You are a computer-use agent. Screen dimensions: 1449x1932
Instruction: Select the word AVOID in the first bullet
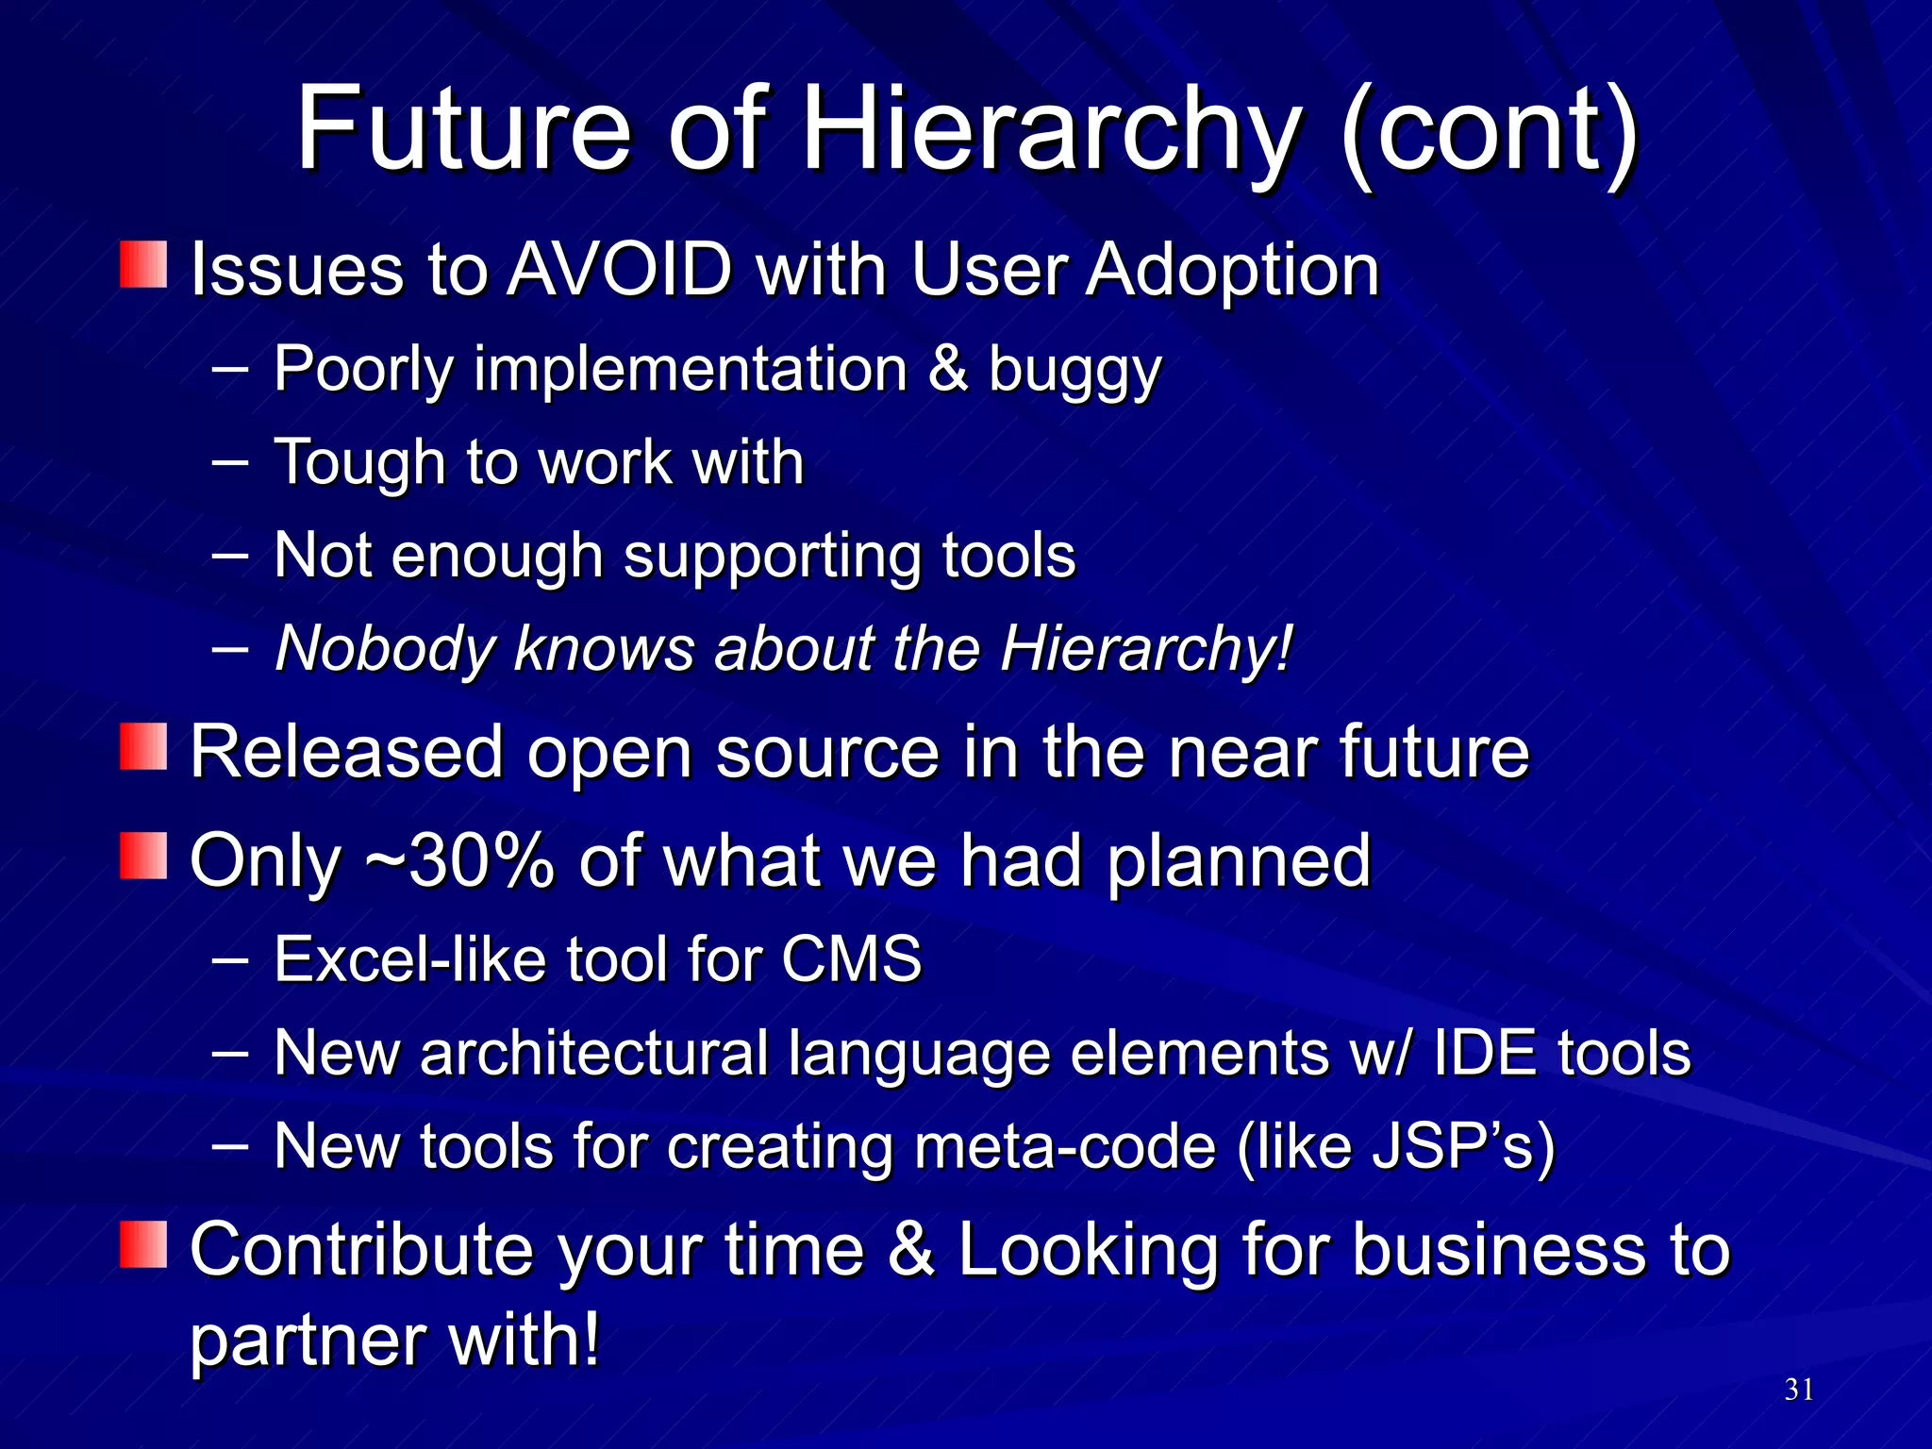point(620,270)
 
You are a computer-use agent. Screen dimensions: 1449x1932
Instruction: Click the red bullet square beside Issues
point(143,264)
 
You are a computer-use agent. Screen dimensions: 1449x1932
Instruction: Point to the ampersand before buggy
point(947,368)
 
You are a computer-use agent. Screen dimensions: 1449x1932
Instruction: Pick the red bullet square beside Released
point(143,746)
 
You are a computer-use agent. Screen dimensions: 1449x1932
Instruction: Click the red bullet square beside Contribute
point(143,1244)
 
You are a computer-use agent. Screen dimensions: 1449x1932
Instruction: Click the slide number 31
point(1798,1390)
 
